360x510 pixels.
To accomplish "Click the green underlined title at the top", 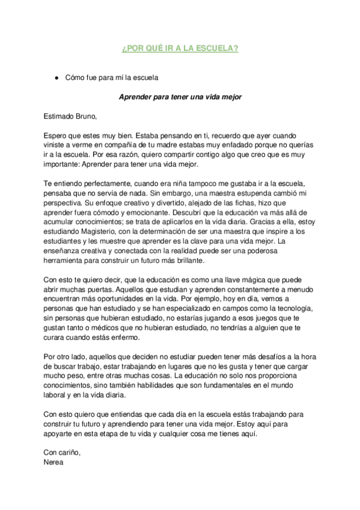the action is (x=180, y=48).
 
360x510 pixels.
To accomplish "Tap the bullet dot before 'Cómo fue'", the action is (x=55, y=78).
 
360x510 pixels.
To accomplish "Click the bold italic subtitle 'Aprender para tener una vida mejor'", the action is (x=180, y=97).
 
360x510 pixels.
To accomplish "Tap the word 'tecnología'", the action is (x=288, y=309).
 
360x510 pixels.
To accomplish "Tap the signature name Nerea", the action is (x=53, y=463).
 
